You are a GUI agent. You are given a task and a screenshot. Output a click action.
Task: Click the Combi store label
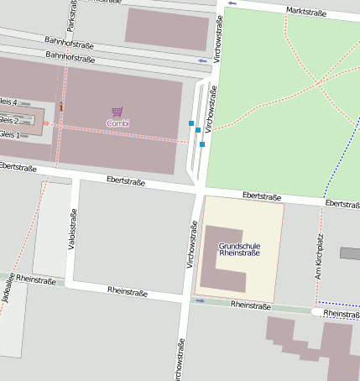click(x=117, y=123)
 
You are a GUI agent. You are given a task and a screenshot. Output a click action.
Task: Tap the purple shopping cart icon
click(x=117, y=112)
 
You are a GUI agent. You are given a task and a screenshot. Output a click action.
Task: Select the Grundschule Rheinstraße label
click(x=239, y=249)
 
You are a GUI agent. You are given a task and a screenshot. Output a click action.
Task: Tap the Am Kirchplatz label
click(x=319, y=251)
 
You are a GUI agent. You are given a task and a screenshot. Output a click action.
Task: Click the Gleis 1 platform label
click(x=9, y=134)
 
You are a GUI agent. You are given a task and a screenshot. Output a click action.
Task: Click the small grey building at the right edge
click(x=350, y=253)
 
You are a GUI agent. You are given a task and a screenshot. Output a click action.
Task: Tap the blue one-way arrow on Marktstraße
click(x=232, y=3)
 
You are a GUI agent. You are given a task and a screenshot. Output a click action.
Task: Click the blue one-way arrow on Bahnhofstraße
click(x=202, y=60)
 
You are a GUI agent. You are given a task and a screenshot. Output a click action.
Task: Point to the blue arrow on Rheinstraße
click(x=201, y=300)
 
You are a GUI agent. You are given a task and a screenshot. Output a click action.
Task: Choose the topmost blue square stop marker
click(x=191, y=123)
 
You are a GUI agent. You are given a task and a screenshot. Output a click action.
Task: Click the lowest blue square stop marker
click(x=202, y=144)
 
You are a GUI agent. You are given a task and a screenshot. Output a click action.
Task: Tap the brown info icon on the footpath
click(x=61, y=107)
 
